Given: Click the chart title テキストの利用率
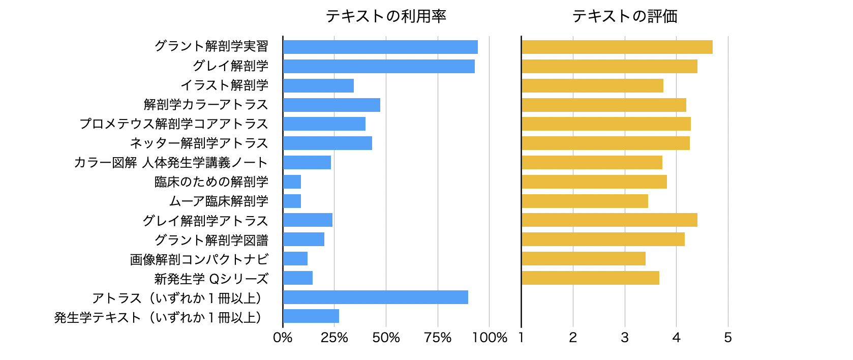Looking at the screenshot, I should point(386,16).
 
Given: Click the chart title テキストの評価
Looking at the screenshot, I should point(625,16).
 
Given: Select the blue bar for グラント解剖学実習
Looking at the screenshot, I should point(380,47).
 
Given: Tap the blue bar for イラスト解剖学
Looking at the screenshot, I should point(318,85).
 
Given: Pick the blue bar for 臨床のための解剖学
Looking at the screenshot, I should point(292,182).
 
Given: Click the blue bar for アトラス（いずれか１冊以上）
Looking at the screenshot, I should point(375,297).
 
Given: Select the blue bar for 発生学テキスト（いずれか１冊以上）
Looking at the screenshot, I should point(311,316).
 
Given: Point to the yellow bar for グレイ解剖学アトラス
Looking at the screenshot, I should point(609,220).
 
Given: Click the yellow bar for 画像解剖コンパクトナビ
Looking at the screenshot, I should point(583,259).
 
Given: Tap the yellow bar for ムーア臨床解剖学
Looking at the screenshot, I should point(585,201).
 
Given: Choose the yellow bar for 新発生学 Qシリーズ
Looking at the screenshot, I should point(590,278).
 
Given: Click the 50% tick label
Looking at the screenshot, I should point(386,338).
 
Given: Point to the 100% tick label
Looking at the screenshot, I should point(490,338).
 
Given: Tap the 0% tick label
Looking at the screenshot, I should point(283,338).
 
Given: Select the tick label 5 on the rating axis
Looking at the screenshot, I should point(728,338).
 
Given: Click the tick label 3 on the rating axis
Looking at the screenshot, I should point(625,338).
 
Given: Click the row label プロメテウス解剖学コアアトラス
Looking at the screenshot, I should point(174,124).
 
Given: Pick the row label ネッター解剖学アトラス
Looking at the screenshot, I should point(199,143).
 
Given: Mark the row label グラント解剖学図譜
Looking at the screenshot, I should point(211,240).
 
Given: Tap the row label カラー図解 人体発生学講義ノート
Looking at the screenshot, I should point(171,163).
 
